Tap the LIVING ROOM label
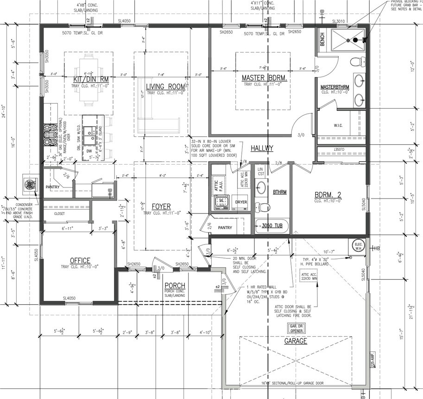(x=165, y=87)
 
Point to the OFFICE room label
(x=80, y=261)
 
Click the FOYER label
(x=161, y=206)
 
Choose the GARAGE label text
(x=296, y=341)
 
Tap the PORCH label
(x=174, y=285)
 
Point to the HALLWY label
(x=262, y=148)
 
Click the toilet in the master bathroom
(x=357, y=61)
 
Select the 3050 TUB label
(x=273, y=226)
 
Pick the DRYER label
(x=241, y=202)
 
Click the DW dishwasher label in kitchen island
(x=89, y=151)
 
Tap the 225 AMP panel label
(x=372, y=360)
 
